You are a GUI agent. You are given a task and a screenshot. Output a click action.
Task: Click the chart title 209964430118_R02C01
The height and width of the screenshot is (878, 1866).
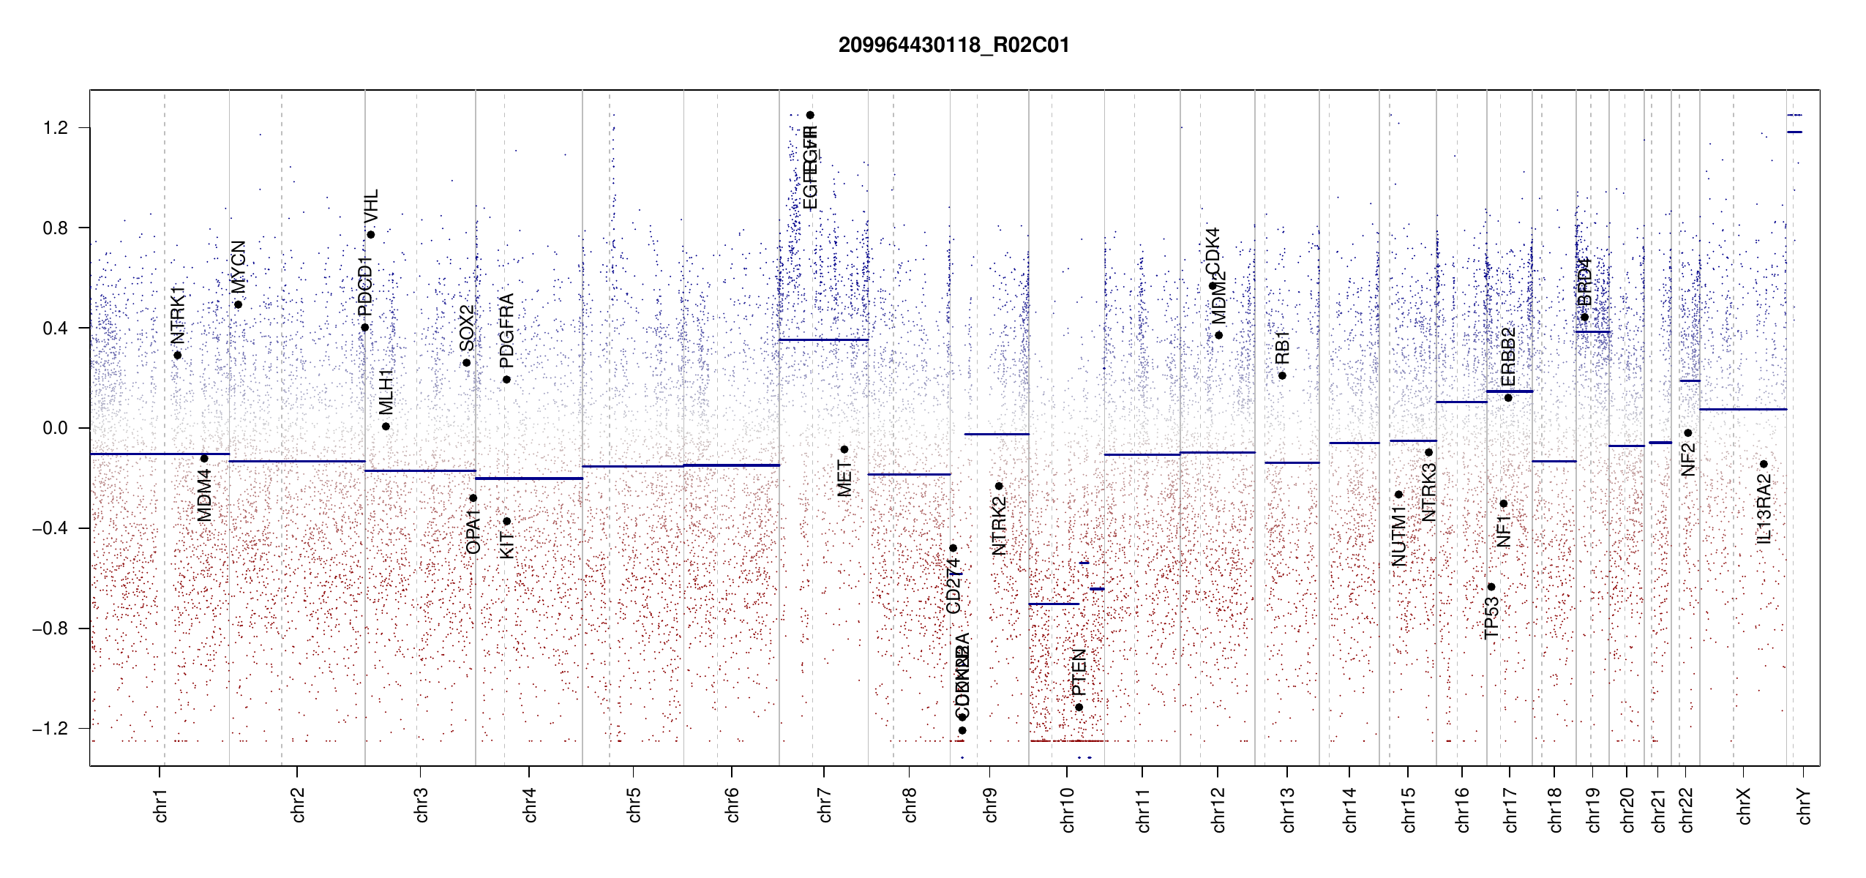pyautogui.click(x=953, y=45)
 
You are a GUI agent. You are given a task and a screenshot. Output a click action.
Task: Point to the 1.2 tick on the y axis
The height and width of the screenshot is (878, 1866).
pyautogui.click(x=56, y=128)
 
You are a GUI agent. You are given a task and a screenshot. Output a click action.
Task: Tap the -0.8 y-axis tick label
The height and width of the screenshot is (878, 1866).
pyautogui.click(x=50, y=629)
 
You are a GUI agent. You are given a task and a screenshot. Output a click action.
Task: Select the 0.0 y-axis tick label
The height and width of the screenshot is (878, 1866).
pyautogui.click(x=56, y=428)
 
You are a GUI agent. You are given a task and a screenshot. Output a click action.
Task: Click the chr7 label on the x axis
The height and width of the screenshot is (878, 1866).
pyautogui.click(x=825, y=805)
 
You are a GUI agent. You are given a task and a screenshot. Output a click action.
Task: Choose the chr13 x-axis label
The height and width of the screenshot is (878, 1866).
pyautogui.click(x=1287, y=809)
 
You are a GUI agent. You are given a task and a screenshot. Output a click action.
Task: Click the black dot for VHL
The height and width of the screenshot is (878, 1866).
pyautogui.click(x=371, y=235)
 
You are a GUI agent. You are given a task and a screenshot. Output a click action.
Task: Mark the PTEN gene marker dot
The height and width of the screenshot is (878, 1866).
pyautogui.click(x=1079, y=708)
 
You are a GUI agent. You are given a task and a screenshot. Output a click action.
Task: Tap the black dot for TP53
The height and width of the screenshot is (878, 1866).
pyautogui.click(x=1491, y=587)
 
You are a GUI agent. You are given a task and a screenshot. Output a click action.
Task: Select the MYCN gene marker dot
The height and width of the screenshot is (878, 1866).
pyautogui.click(x=238, y=305)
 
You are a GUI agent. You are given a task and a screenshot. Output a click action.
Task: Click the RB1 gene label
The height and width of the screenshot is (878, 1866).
pyautogui.click(x=1282, y=348)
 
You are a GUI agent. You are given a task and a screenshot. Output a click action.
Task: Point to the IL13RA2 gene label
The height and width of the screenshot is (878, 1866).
pyautogui.click(x=1764, y=509)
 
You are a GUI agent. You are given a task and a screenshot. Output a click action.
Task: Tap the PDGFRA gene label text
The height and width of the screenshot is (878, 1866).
pyautogui.click(x=506, y=330)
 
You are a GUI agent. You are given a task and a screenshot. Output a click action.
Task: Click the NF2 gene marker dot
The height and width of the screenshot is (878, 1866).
pyautogui.click(x=1688, y=433)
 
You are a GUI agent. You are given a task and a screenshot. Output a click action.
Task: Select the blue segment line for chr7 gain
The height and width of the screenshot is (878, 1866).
pyautogui.click(x=823, y=339)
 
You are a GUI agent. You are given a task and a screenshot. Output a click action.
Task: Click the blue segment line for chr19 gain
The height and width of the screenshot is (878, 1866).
pyautogui.click(x=1592, y=332)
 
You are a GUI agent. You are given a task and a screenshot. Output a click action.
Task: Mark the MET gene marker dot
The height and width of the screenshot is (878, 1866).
pyautogui.click(x=844, y=450)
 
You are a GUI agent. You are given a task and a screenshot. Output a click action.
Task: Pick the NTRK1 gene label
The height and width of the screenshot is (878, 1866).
pyautogui.click(x=178, y=315)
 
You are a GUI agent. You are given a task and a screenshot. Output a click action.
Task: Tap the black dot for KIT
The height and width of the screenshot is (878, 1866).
pyautogui.click(x=506, y=522)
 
